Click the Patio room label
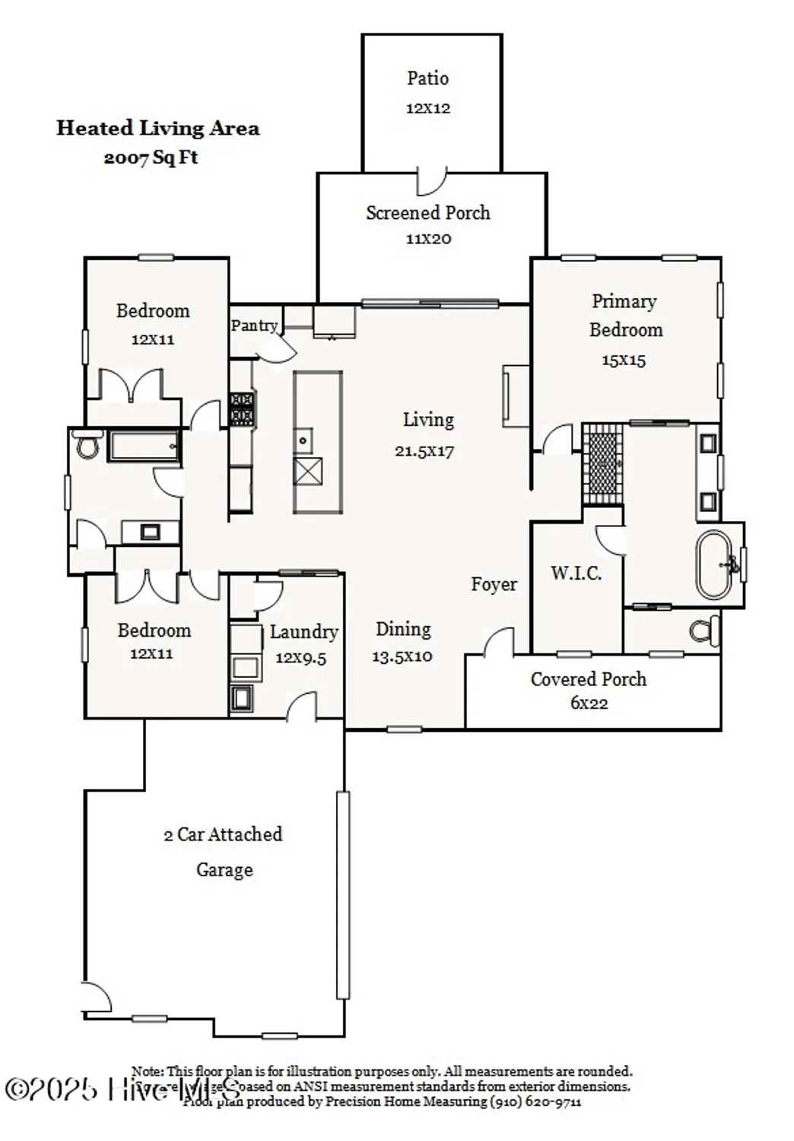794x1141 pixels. click(427, 78)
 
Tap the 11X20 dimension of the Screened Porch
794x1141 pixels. click(428, 239)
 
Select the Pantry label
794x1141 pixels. click(254, 326)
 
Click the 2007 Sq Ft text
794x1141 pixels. click(151, 157)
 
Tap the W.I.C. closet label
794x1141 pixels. click(576, 573)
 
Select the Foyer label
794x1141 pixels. click(494, 584)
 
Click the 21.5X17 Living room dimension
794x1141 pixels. click(424, 451)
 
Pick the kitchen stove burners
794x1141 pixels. click(242, 408)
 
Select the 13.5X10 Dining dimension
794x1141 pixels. click(402, 656)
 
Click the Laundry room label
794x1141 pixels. click(303, 632)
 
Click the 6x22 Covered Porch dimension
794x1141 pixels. click(589, 704)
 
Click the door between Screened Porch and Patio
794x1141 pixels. click(432, 181)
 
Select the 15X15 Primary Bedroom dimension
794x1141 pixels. click(624, 361)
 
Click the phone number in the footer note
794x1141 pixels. click(535, 1101)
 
